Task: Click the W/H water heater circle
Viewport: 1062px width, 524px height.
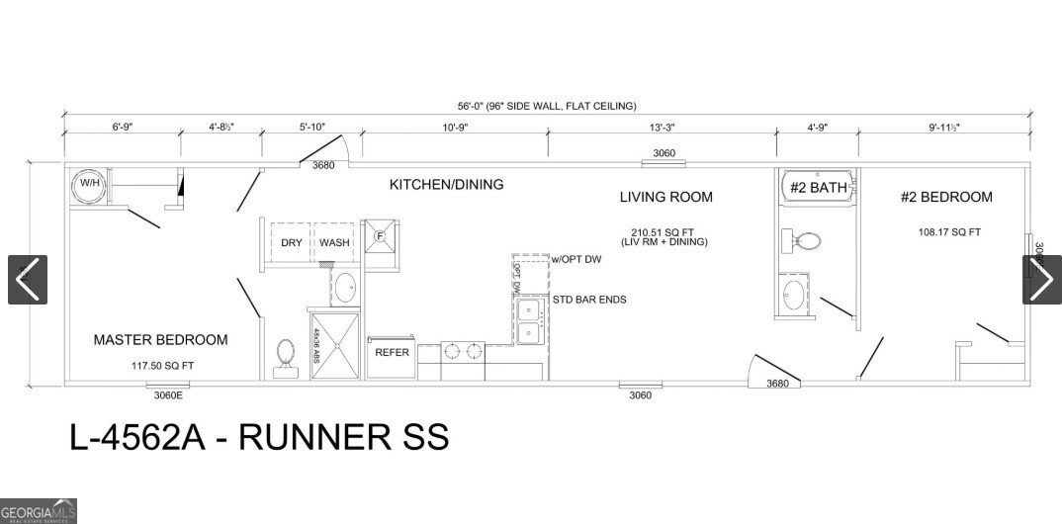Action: click(89, 185)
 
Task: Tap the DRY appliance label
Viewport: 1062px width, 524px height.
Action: click(291, 243)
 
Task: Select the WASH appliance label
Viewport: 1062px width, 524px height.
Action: click(334, 243)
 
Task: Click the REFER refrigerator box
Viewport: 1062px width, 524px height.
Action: click(392, 353)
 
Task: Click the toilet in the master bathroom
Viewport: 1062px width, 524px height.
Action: click(286, 357)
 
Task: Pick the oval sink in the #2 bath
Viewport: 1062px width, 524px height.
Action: click(794, 295)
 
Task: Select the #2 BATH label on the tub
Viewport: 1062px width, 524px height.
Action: click(816, 187)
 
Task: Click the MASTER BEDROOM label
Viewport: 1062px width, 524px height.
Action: click(160, 340)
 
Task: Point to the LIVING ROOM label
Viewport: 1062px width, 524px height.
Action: click(665, 197)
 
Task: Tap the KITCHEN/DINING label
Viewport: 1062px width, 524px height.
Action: click(446, 184)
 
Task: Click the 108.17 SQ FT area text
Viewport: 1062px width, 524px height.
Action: click(948, 233)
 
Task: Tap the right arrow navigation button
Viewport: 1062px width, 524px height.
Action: click(1041, 280)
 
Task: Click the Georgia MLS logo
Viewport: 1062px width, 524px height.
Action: click(39, 511)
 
